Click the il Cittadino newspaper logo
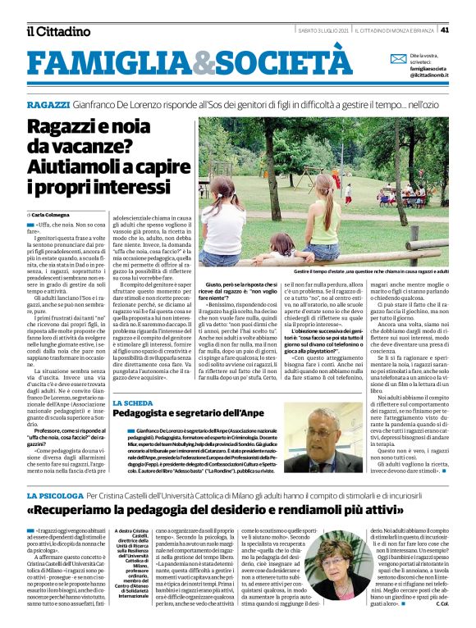tap(57, 31)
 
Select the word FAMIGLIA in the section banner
tap(110, 61)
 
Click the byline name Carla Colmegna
tap(52, 214)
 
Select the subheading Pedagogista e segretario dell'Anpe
tap(187, 416)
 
